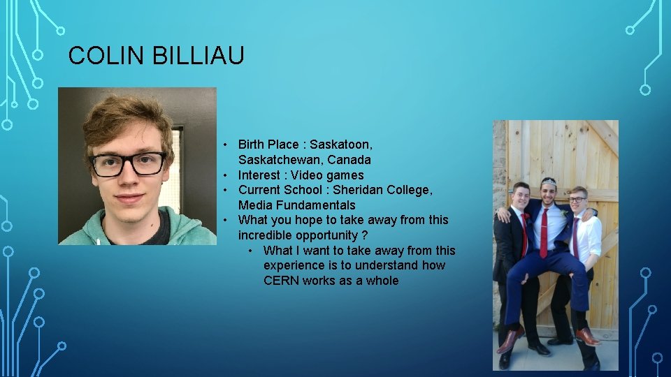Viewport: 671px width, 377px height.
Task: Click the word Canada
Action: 349,160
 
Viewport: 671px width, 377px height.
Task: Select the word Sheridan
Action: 359,190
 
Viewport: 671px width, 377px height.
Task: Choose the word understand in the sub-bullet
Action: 387,265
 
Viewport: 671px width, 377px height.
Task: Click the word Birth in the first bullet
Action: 252,145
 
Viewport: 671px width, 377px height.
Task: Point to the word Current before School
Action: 261,190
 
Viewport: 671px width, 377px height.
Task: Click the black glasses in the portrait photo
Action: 129,164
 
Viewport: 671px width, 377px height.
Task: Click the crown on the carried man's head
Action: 549,182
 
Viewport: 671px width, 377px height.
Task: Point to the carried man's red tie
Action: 544,232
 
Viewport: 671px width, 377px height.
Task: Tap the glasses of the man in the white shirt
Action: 577,200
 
